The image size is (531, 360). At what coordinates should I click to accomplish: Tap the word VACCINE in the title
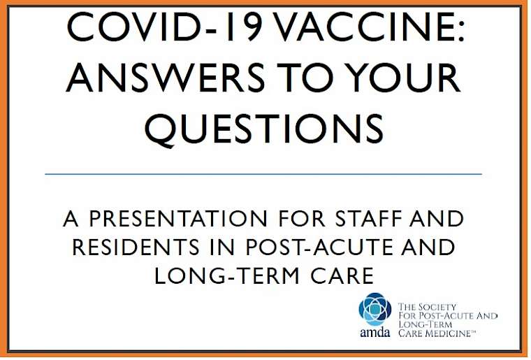click(x=364, y=27)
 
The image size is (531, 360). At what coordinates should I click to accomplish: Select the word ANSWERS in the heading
click(x=165, y=77)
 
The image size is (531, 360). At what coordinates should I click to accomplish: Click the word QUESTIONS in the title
click(x=265, y=129)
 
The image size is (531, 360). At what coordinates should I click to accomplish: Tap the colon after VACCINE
click(x=460, y=33)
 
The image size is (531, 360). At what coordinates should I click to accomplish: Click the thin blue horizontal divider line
click(x=263, y=175)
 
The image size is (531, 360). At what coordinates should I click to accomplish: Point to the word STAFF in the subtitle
click(x=369, y=219)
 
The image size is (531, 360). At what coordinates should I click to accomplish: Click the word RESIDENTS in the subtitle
click(x=136, y=247)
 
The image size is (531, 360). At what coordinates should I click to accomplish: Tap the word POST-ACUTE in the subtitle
click(x=320, y=247)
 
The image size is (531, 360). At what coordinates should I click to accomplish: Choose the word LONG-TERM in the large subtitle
click(x=227, y=275)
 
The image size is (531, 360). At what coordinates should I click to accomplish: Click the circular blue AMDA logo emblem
click(x=375, y=309)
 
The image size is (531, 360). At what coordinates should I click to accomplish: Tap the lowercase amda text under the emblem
click(x=375, y=332)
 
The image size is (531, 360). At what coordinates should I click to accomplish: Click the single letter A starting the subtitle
click(x=71, y=219)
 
